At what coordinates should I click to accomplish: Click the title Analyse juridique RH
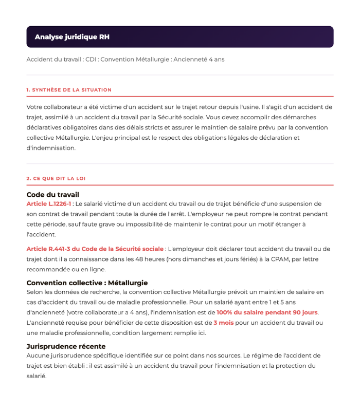click(72, 37)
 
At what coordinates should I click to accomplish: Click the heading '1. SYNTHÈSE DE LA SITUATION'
click(69, 90)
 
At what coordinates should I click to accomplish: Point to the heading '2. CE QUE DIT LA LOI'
click(56, 179)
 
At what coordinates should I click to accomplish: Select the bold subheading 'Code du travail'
click(52, 195)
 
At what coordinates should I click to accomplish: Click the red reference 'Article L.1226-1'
click(49, 204)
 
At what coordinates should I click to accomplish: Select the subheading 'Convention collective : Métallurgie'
click(87, 283)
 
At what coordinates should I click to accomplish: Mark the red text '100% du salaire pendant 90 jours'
click(267, 312)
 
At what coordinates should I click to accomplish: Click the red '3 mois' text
click(224, 323)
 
